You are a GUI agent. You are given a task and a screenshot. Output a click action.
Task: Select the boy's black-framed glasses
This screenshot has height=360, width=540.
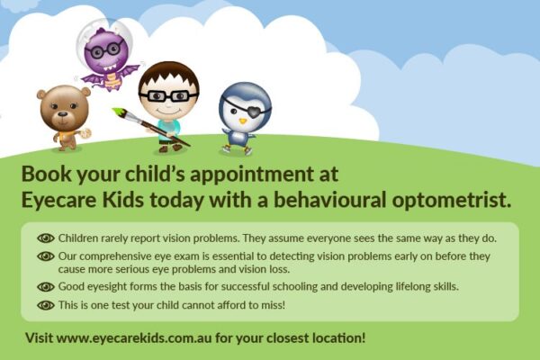(168, 95)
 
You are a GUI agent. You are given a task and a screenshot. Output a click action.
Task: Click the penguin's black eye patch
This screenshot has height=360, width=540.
(256, 111)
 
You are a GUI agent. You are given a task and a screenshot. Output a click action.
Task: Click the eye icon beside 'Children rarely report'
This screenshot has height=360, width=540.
(46, 238)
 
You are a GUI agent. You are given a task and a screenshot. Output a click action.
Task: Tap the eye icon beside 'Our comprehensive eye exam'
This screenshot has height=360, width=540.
(46, 256)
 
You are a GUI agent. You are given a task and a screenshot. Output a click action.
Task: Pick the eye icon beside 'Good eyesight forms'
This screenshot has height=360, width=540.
(46, 287)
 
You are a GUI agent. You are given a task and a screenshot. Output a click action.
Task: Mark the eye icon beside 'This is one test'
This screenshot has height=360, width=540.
(46, 305)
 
